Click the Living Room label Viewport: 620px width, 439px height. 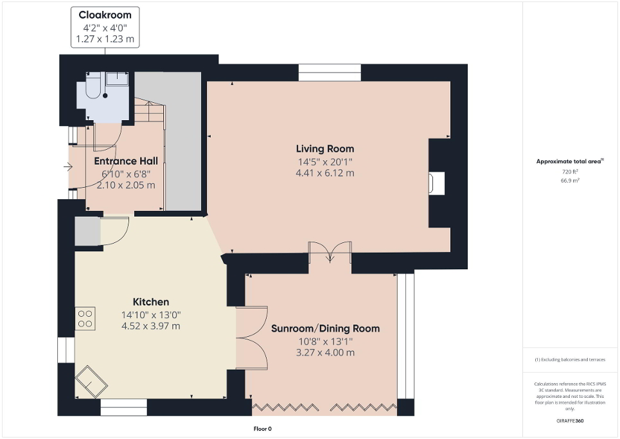[324, 149]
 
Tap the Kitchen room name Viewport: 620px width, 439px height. [151, 301]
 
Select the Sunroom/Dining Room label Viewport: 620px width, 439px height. [325, 328]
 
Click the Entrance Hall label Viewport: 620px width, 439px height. [125, 161]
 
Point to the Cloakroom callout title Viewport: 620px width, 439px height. [105, 15]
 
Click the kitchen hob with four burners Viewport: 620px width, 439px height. [85, 319]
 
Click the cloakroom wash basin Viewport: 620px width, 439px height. [118, 79]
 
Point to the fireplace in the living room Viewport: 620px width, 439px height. [437, 183]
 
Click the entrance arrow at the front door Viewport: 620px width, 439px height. [69, 168]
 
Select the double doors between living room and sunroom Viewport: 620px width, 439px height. [330, 252]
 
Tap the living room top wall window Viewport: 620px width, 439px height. [330, 72]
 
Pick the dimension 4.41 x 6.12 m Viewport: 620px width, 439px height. [324, 173]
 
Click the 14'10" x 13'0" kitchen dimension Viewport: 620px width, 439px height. [151, 314]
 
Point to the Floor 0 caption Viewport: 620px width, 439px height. [261, 429]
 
